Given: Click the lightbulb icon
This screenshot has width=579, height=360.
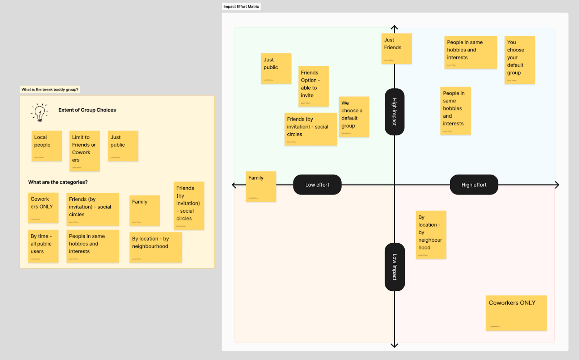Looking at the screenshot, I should click(x=39, y=112).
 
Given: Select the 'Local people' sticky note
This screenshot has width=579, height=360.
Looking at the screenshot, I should click(x=47, y=146).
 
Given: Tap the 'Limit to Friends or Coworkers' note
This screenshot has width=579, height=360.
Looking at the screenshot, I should click(x=84, y=151).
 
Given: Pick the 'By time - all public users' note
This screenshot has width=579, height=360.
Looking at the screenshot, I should click(x=43, y=246).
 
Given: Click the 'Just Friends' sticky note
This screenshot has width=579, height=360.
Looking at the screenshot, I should click(x=396, y=49).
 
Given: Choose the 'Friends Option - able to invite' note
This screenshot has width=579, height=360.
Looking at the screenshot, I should click(x=313, y=86).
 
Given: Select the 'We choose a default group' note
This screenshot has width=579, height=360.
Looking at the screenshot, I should click(x=354, y=116).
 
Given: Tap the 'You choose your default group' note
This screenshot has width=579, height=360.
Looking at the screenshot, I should click(x=519, y=60).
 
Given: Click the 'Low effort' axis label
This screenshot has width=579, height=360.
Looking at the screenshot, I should click(x=317, y=185).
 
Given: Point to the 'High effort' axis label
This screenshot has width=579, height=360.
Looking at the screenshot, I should click(x=474, y=185).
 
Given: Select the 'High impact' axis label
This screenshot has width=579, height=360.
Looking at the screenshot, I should click(x=394, y=112).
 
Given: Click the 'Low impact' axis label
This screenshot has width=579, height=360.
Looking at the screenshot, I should click(x=394, y=267).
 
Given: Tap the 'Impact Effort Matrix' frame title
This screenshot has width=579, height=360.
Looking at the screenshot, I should click(x=241, y=7).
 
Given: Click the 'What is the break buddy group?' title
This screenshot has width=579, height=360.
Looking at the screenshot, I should click(x=50, y=89).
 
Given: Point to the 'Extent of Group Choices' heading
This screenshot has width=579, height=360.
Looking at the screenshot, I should click(x=87, y=110).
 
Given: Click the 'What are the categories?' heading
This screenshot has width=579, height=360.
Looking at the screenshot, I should click(x=58, y=182).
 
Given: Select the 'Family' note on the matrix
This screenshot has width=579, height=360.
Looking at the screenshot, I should click(x=261, y=186).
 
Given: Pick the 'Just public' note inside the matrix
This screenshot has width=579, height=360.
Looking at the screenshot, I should click(x=276, y=68).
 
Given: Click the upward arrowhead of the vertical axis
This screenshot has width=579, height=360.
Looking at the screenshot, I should click(x=394, y=28).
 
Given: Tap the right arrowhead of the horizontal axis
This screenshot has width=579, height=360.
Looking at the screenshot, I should click(x=557, y=185).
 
